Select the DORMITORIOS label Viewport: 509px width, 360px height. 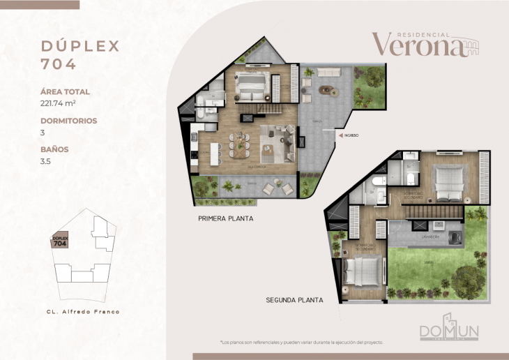68,121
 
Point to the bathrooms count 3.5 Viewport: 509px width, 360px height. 46,161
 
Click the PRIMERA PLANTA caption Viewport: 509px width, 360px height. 225,218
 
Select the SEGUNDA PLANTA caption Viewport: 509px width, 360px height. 294,301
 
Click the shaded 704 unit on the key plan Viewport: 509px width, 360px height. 60,242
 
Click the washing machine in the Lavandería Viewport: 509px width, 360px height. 456,237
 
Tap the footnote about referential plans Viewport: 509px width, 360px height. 301,343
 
